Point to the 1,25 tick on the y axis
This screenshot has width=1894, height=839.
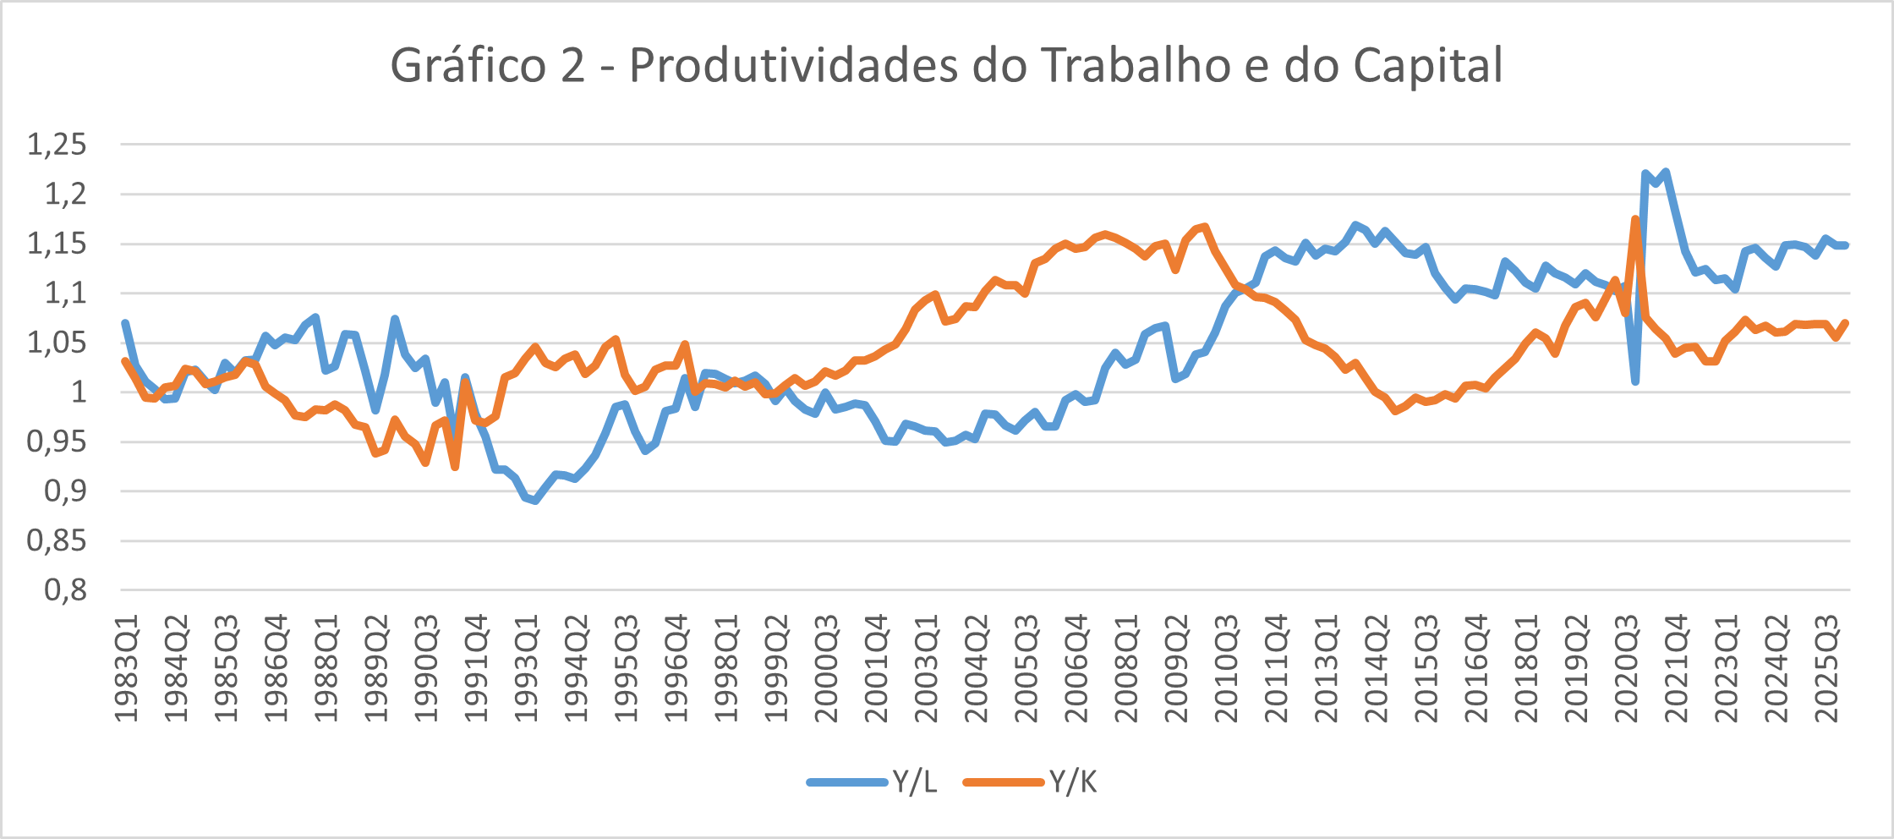57,145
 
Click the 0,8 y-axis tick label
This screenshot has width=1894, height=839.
66,589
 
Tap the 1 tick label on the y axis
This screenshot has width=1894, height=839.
79,392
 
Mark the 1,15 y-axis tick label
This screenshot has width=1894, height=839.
57,244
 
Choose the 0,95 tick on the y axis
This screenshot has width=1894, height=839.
57,441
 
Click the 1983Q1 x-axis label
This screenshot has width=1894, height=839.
127,669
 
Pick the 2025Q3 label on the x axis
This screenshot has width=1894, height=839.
1828,669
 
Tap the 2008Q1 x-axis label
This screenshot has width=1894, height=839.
1127,669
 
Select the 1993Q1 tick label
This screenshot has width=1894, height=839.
527,669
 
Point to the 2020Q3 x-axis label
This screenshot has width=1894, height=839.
1628,669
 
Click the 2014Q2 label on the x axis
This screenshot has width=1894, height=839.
1377,669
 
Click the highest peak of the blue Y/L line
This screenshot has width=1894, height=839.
1665,173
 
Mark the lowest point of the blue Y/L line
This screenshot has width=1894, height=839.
535,501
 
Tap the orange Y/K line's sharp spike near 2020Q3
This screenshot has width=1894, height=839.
1635,219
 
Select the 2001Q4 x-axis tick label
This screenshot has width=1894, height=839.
877,669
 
